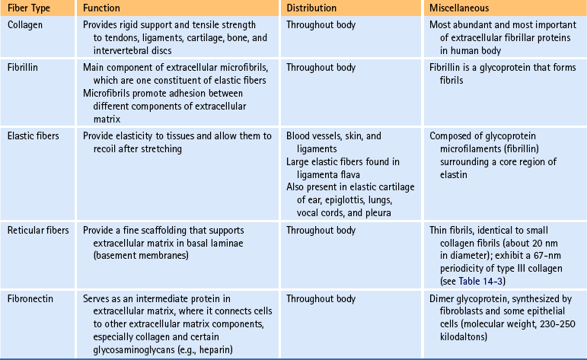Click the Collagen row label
pyautogui.click(x=26, y=24)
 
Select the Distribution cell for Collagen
pyautogui.click(x=321, y=24)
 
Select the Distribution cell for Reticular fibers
pyautogui.click(x=321, y=229)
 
